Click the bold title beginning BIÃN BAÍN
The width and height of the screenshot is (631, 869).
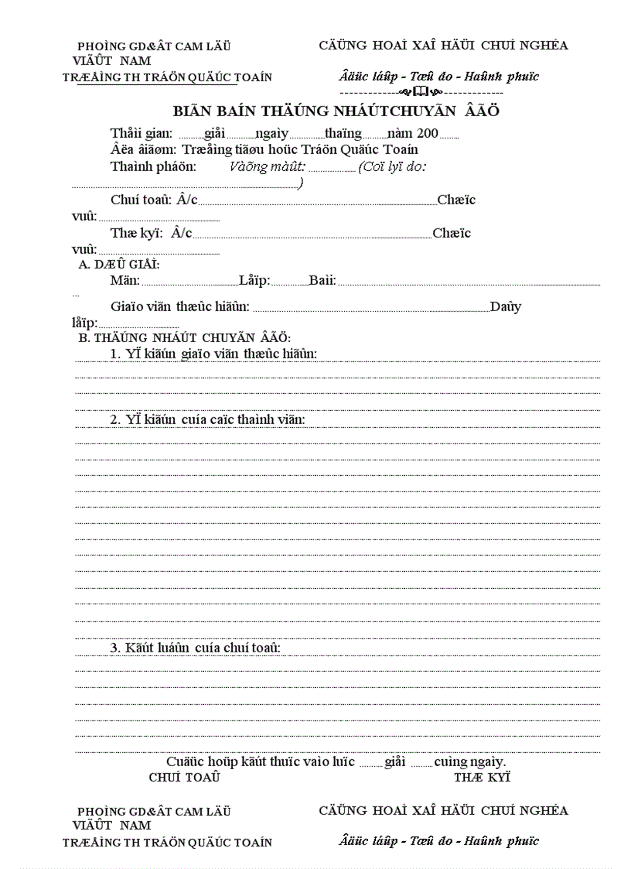pos(335,111)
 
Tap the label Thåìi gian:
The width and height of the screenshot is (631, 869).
pos(142,133)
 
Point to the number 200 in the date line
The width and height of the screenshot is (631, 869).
pos(427,133)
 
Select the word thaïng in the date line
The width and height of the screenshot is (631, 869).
pos(343,133)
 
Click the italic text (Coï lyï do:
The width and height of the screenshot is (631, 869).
pos(392,166)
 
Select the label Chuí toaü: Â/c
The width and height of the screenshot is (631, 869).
pos(154,200)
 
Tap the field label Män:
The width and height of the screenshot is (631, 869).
pos(125,280)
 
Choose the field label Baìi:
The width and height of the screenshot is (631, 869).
pos(322,280)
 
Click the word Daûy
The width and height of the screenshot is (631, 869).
pos(506,306)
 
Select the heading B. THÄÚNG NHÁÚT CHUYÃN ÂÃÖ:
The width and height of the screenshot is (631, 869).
pos(185,338)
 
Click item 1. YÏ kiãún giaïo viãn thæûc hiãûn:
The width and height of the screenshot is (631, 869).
pos(213,354)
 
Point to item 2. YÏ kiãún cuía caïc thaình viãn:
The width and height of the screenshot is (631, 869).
pos(207,419)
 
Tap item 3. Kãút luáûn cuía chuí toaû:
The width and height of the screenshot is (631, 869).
pos(195,647)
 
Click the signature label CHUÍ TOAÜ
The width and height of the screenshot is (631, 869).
pos(184,777)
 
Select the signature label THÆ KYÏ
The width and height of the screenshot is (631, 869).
pos(482,777)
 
